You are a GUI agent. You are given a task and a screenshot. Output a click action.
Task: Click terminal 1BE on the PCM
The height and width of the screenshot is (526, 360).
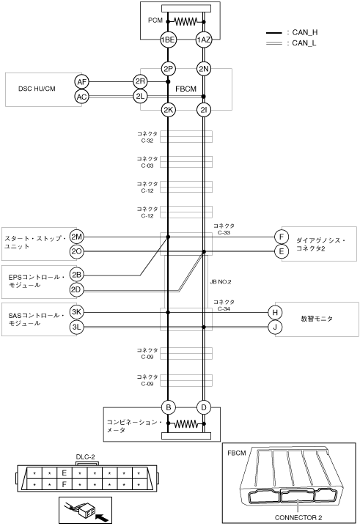click(x=168, y=40)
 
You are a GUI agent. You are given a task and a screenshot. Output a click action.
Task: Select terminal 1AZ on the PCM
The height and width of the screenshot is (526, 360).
click(x=204, y=40)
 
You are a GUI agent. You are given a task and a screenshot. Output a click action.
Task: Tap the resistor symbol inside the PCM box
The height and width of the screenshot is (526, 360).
click(x=185, y=22)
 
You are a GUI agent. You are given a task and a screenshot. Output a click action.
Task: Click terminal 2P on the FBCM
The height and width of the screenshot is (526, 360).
click(x=168, y=69)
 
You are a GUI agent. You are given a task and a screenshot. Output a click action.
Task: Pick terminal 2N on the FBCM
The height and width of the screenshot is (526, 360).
click(x=204, y=69)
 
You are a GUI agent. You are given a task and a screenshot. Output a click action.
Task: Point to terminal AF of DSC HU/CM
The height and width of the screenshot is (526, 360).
click(x=81, y=81)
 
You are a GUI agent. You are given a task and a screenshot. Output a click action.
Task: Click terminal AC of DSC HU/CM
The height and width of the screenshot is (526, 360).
click(x=81, y=97)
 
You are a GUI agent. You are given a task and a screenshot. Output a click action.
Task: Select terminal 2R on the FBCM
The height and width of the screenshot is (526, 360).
click(x=140, y=81)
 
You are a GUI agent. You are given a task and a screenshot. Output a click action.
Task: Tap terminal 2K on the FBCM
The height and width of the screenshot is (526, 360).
click(x=168, y=110)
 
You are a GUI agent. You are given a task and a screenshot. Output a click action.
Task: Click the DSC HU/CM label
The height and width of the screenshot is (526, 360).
click(x=37, y=89)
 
